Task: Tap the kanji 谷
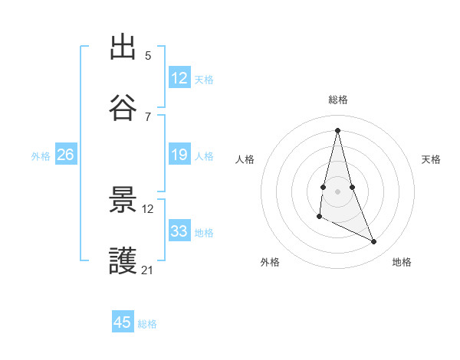(x=123, y=108)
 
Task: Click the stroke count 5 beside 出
(x=148, y=55)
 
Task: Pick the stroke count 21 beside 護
(x=148, y=270)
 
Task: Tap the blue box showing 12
(x=179, y=78)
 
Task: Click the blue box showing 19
(x=179, y=155)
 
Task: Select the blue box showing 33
(x=179, y=231)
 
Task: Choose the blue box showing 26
(x=65, y=155)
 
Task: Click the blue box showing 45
(x=123, y=322)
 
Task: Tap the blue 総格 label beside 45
(x=147, y=324)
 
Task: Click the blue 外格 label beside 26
(x=41, y=156)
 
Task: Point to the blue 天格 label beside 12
(x=204, y=80)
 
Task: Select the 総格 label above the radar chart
(x=338, y=100)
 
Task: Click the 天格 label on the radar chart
(x=432, y=159)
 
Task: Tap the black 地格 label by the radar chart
(x=402, y=262)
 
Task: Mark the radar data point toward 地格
(x=374, y=242)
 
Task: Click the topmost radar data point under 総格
(x=337, y=129)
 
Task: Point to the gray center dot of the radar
(x=337, y=191)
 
